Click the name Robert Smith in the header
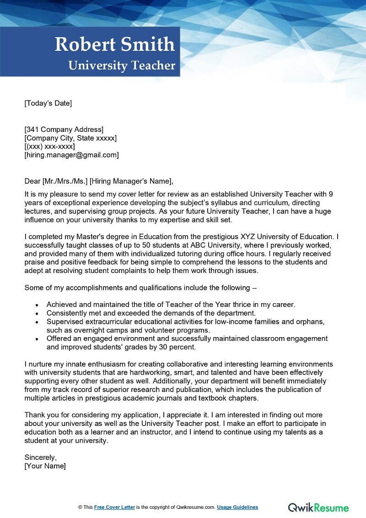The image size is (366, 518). (115, 45)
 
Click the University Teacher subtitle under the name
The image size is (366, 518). (122, 65)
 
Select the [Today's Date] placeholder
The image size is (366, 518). (48, 103)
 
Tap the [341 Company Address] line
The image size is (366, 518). (64, 129)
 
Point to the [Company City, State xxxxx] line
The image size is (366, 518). (70, 138)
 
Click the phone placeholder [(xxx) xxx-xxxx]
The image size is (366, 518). (49, 147)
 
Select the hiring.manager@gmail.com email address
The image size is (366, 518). (71, 155)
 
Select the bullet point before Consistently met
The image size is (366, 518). (37, 313)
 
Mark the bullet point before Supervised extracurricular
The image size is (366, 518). (37, 322)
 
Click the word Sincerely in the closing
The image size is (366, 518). (40, 458)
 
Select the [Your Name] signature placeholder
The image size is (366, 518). (45, 466)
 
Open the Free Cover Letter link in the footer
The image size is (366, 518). (114, 507)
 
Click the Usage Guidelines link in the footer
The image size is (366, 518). (237, 507)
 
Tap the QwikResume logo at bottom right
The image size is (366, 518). (318, 507)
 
